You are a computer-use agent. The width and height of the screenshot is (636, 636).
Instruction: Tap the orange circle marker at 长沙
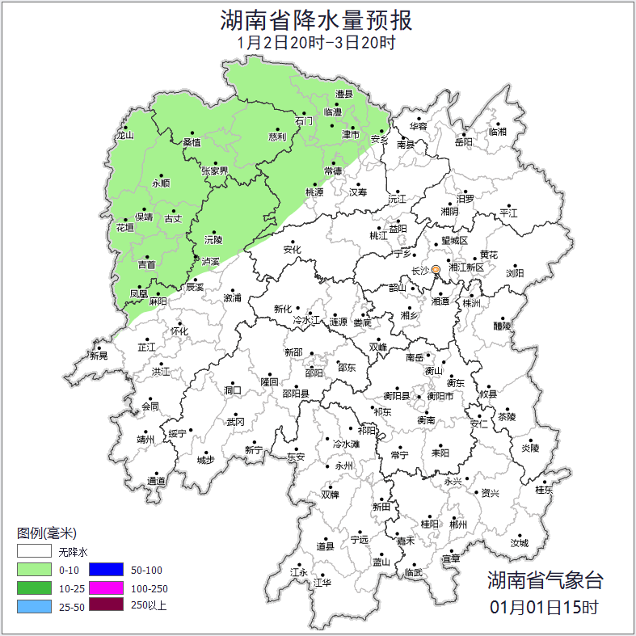click(436, 269)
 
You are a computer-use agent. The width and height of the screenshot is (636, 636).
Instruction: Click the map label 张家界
click(215, 171)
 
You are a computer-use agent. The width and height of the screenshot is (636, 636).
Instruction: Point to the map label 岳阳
click(463, 142)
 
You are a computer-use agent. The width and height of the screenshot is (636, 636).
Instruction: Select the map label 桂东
click(544, 490)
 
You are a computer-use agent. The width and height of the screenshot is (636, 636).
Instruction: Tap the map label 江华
click(323, 582)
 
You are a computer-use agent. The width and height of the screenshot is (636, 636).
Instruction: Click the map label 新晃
click(99, 356)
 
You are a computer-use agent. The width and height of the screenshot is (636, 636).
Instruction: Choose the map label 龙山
click(124, 136)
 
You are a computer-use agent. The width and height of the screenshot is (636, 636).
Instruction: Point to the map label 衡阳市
click(440, 396)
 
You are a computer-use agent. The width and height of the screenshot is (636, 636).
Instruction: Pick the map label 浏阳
click(515, 273)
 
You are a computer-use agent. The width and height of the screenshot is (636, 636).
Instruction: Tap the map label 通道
click(156, 482)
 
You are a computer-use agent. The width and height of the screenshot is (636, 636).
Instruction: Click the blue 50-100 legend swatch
click(106, 570)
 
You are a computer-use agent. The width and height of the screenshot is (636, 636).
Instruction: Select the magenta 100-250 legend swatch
click(106, 588)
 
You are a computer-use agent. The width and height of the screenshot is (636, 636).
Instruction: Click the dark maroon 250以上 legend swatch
click(106, 604)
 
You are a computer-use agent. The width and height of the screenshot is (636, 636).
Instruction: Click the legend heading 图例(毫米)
click(46, 533)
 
